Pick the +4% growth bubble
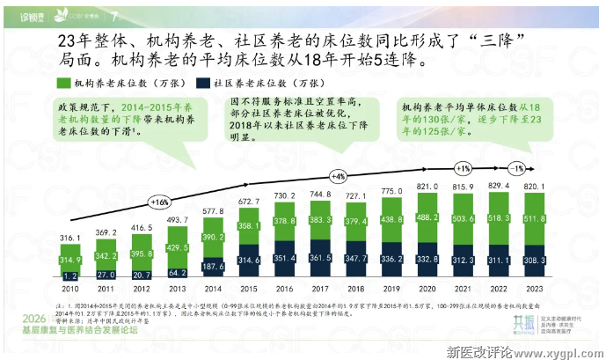coord(340,174)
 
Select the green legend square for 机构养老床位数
coord(63,82)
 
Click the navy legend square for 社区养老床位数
coord(204,82)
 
